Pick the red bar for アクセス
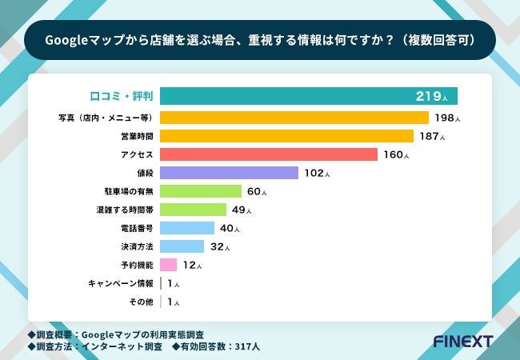click(x=268, y=154)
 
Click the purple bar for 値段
click(x=229, y=173)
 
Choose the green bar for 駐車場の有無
click(x=200, y=191)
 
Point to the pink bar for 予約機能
click(x=168, y=265)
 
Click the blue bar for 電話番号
click(x=187, y=228)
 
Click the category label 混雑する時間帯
click(x=124, y=210)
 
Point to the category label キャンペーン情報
click(x=121, y=283)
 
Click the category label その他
click(x=141, y=302)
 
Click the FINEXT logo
click(x=462, y=341)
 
